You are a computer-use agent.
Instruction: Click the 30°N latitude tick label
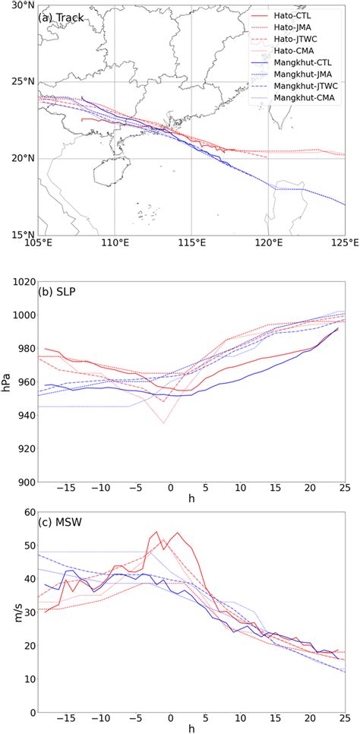pyautogui.click(x=21, y=5)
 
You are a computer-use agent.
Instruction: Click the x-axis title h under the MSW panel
pyautogui.click(x=191, y=727)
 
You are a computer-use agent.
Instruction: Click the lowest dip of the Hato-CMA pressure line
pyautogui.click(x=163, y=423)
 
